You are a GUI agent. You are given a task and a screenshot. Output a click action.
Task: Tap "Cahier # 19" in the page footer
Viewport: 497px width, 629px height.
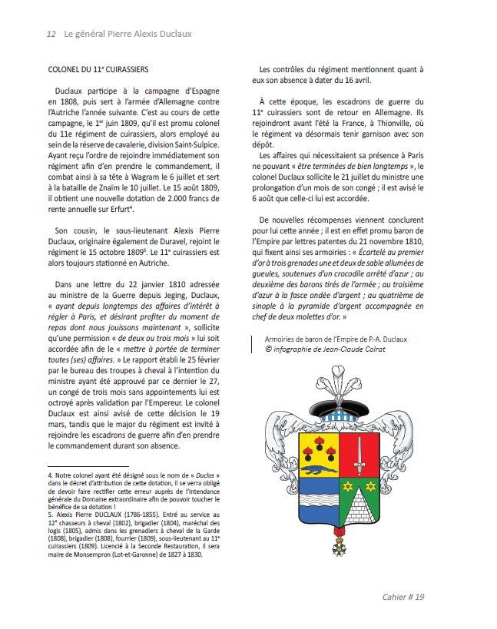pyautogui.click(x=403, y=597)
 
